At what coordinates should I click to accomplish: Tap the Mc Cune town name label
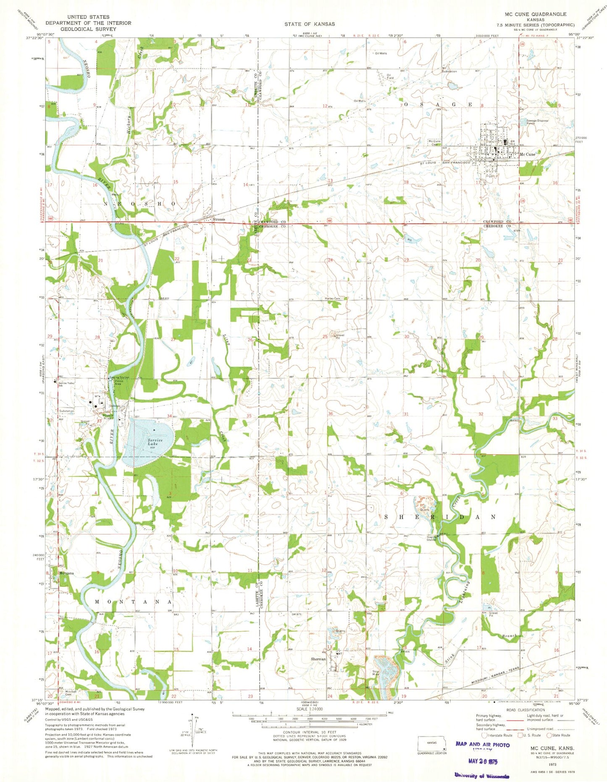[x=527, y=154]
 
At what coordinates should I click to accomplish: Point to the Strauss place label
[x=219, y=219]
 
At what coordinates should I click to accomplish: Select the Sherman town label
[x=318, y=659]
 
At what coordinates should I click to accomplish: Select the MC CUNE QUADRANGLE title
[x=536, y=14]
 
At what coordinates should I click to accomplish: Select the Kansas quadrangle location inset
[x=431, y=743]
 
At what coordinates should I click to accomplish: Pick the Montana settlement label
[x=66, y=573]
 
